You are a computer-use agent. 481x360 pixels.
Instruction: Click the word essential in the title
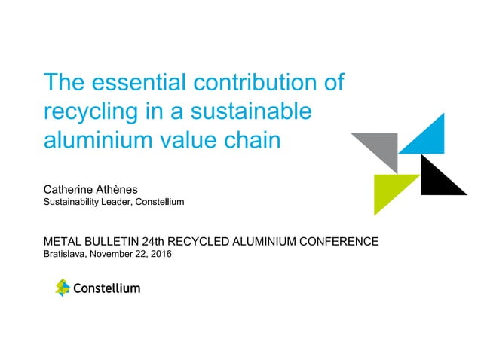click(135, 82)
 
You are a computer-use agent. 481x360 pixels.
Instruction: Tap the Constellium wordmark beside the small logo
click(106, 288)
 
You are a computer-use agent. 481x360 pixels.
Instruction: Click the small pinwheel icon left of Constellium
click(62, 287)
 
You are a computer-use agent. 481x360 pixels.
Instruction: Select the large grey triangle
click(381, 146)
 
